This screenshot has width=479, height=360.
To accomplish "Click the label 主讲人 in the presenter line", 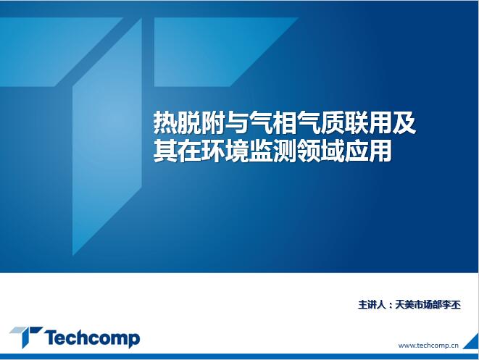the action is pyautogui.click(x=372, y=305).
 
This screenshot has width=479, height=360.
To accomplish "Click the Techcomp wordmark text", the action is pyautogui.click(x=92, y=338).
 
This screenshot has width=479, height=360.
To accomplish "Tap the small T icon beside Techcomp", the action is pyautogui.click(x=25, y=336).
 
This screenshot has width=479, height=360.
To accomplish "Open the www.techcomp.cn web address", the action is pyautogui.click(x=428, y=346).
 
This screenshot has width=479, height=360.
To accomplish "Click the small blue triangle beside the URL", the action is pyautogui.click(x=472, y=343).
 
